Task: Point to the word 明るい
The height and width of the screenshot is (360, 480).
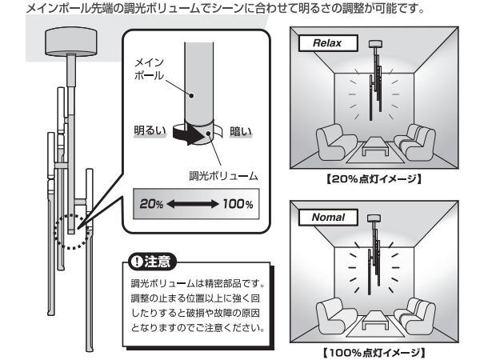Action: [x=149, y=130]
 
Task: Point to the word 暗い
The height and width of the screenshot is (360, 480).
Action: [x=241, y=130]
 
